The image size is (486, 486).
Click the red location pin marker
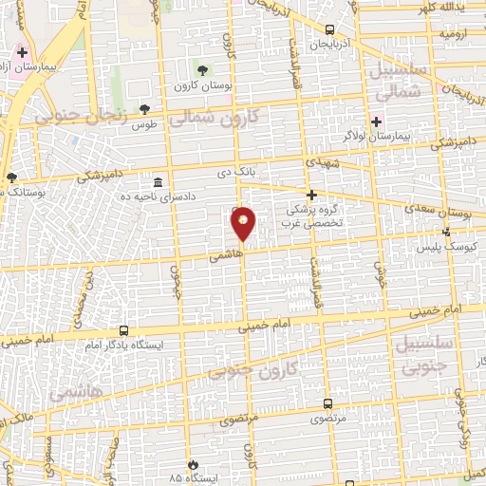(x=244, y=222)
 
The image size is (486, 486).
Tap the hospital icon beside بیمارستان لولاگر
(x=377, y=121)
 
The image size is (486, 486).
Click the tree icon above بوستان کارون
(x=201, y=70)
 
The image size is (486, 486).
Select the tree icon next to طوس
(x=144, y=109)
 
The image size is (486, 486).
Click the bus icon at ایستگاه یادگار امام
(x=124, y=330)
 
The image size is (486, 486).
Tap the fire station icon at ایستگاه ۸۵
(x=194, y=464)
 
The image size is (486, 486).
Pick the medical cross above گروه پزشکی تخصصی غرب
(x=311, y=194)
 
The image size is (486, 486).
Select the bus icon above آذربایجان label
(x=329, y=29)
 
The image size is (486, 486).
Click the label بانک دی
(x=255, y=173)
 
